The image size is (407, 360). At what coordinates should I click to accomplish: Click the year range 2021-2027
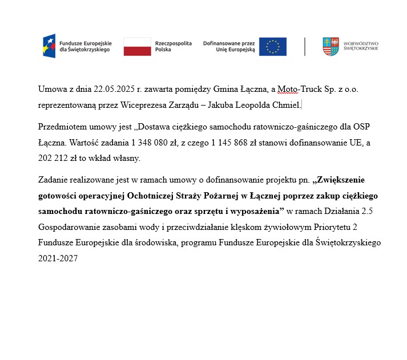coord(58,258)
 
